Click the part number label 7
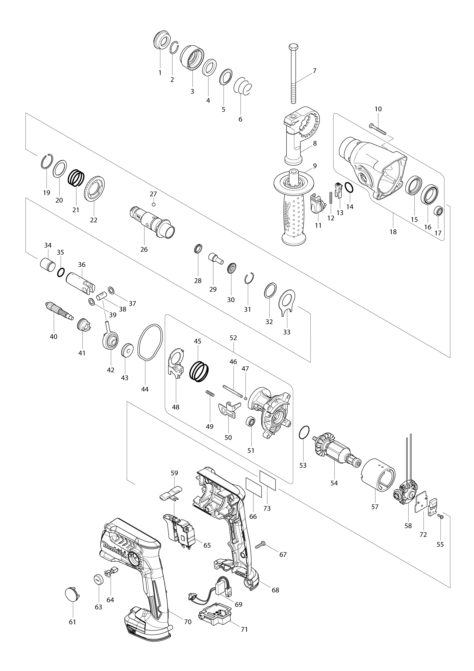pyautogui.click(x=314, y=71)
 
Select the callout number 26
pyautogui.click(x=144, y=249)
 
